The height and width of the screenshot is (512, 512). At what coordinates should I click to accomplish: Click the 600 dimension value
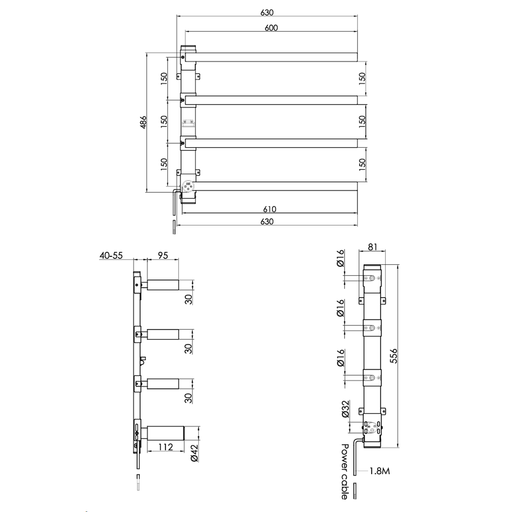click(x=271, y=28)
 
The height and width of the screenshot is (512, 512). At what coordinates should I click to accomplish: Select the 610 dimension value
click(x=269, y=209)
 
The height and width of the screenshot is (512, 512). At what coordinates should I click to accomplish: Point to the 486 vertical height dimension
click(x=143, y=122)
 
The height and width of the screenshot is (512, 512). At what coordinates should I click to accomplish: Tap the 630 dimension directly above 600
click(x=267, y=13)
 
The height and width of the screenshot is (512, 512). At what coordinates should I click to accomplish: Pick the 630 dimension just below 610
click(x=267, y=222)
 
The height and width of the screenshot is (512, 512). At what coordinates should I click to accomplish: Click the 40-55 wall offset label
click(x=111, y=255)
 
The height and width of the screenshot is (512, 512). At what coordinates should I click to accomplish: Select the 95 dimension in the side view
click(x=163, y=255)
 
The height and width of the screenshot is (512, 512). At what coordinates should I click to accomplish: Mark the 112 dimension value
click(x=166, y=447)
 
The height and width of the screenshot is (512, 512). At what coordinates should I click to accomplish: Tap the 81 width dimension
click(x=372, y=246)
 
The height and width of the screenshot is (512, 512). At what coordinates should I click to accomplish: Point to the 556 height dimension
click(x=394, y=356)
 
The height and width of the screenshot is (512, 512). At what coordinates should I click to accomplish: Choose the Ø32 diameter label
click(x=345, y=409)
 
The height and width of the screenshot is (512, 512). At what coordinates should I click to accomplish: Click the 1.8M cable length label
click(x=379, y=471)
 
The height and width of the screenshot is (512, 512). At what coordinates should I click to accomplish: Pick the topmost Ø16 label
click(x=340, y=258)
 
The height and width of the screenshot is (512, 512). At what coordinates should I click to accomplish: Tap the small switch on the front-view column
click(x=188, y=123)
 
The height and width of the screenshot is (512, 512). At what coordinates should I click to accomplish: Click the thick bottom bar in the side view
click(x=165, y=433)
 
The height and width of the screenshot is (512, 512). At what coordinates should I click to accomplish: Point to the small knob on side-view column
click(x=143, y=360)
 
